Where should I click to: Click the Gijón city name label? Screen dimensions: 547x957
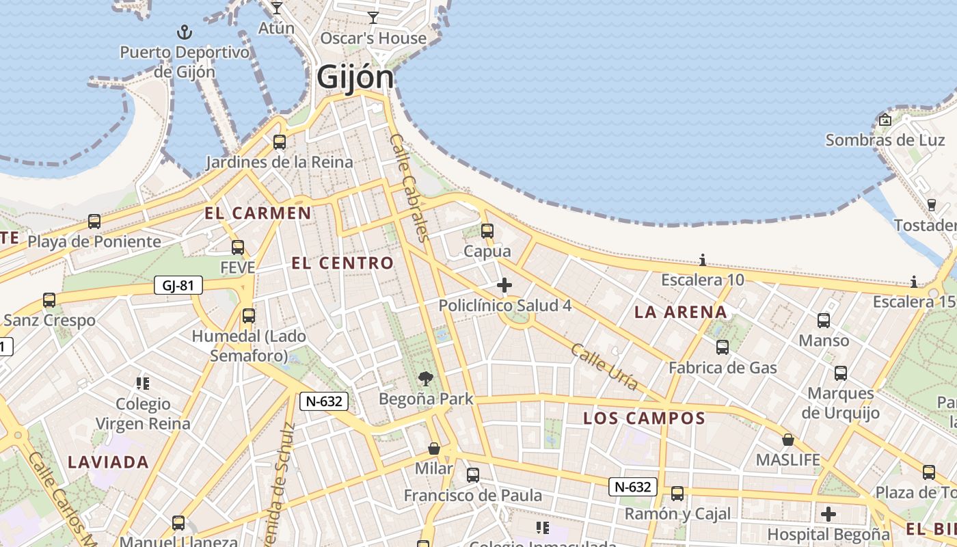355,78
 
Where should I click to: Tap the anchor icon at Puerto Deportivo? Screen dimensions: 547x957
184,31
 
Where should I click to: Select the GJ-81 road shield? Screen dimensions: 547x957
178,285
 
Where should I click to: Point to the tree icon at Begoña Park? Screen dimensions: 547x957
425,378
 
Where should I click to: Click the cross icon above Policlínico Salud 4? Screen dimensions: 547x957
504,284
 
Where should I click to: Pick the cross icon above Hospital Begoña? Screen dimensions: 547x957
828,513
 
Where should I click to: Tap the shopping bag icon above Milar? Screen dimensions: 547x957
433,449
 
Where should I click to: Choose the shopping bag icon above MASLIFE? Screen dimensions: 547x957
788,440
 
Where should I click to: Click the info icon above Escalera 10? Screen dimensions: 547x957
702,260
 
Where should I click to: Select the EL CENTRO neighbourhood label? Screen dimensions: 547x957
342,263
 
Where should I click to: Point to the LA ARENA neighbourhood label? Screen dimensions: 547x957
680,312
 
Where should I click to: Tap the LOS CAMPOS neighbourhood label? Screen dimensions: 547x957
644,418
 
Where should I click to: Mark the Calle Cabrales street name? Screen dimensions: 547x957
409,187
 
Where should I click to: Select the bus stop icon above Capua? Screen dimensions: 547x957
487,231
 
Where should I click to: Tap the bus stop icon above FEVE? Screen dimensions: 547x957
238,247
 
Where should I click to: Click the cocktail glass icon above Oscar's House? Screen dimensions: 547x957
373,18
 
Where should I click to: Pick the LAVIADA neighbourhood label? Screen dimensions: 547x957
108,462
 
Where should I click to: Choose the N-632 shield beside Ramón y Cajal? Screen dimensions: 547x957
633,487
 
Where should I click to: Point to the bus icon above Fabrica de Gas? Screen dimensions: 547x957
723,347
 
